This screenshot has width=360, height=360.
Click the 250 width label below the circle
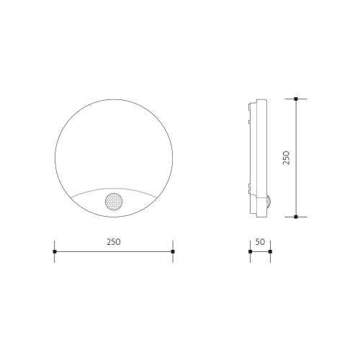114,242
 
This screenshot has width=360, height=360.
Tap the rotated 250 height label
287,158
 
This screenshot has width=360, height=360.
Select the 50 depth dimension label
260,242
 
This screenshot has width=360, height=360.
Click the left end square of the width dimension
55,251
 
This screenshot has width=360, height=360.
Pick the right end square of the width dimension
173,251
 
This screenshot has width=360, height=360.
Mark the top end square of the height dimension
296,99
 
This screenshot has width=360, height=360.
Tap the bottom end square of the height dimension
296,217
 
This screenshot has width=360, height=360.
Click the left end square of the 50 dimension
251,251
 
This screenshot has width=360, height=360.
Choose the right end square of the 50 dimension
270,251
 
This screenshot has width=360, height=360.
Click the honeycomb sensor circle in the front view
114,202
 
